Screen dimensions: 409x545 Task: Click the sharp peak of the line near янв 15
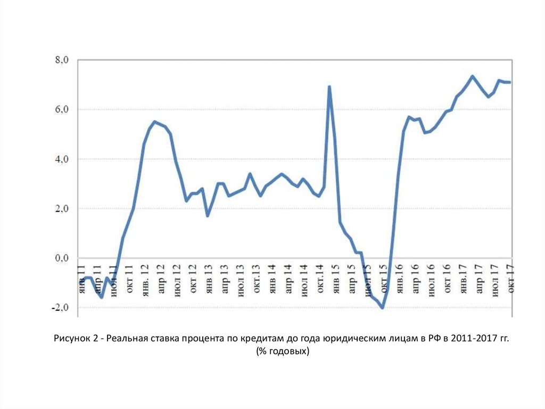coord(329,86)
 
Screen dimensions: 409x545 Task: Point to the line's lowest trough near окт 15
coord(382,308)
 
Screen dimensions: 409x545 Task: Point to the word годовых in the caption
coord(287,352)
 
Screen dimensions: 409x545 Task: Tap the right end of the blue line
coord(509,82)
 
